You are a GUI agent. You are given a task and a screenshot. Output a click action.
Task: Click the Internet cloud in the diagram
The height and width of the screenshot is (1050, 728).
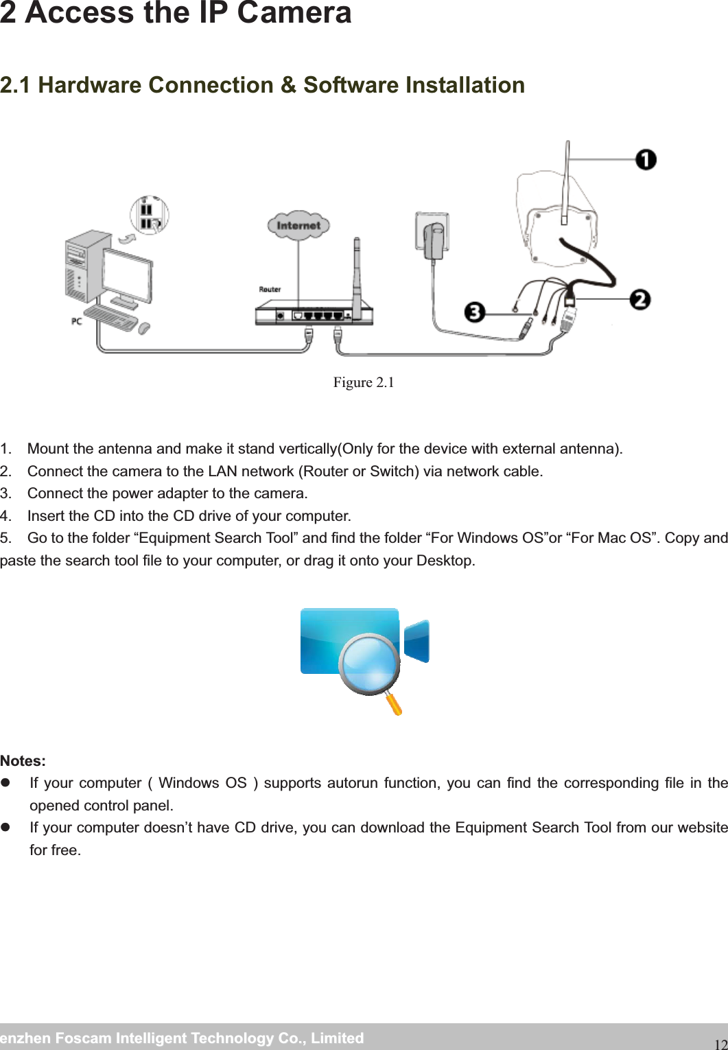(298, 225)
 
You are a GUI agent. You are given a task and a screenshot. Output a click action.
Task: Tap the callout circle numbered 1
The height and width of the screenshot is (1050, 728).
(645, 160)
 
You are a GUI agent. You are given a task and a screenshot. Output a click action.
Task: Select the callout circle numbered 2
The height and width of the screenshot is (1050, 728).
(639, 300)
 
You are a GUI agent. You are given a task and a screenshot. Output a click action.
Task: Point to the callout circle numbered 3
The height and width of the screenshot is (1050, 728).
(474, 312)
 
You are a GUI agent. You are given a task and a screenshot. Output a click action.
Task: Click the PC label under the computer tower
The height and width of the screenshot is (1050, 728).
(78, 320)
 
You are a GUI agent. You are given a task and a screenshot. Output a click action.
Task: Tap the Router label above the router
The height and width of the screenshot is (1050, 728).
(270, 289)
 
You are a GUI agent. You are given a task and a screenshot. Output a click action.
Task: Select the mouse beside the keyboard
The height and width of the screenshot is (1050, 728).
(144, 329)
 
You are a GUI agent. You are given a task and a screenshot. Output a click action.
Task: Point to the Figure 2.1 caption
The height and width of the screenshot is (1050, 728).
(364, 382)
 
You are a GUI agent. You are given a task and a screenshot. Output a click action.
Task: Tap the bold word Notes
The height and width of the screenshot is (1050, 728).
(23, 761)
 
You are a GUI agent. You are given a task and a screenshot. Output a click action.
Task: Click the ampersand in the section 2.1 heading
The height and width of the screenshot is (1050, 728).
(288, 85)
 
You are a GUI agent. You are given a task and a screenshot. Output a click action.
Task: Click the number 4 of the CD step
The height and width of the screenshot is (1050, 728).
(5, 515)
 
